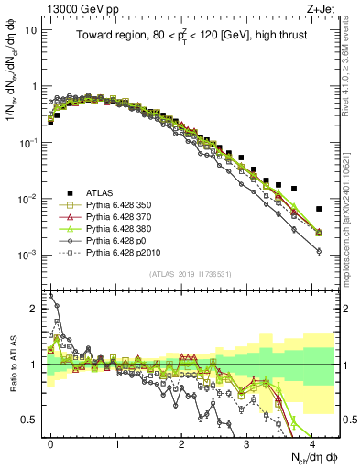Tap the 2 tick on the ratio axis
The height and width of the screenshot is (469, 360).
point(36,309)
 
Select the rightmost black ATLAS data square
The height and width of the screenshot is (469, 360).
point(319,209)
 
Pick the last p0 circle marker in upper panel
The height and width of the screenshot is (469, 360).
point(319,251)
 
